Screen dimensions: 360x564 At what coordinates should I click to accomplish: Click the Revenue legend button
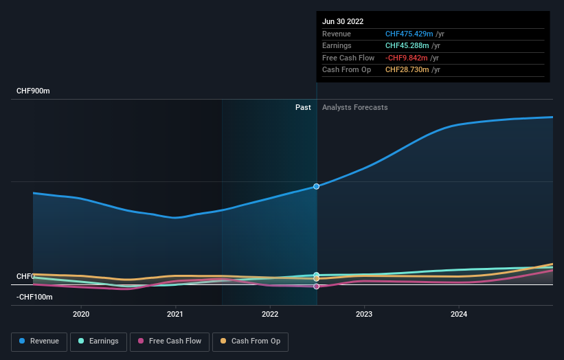pyautogui.click(x=39, y=341)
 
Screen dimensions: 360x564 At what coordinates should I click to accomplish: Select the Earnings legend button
pyautogui.click(x=98, y=341)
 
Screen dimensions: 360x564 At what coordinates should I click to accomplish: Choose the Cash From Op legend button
pyautogui.click(x=251, y=341)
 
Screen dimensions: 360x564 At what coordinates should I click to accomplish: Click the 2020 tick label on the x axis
pyautogui.click(x=81, y=314)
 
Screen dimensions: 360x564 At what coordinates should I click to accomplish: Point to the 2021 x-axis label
pyautogui.click(x=175, y=314)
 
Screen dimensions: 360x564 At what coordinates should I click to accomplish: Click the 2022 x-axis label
pyautogui.click(x=270, y=314)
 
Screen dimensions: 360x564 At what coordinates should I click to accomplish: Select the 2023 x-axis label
pyautogui.click(x=364, y=314)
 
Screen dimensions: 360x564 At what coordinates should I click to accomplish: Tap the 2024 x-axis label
pyautogui.click(x=459, y=314)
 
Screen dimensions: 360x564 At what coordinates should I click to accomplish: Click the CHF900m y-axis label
pyautogui.click(x=34, y=91)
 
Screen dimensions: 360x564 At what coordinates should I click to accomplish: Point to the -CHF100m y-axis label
pyautogui.click(x=34, y=297)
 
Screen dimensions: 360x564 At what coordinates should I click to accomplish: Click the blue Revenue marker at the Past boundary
pyautogui.click(x=317, y=186)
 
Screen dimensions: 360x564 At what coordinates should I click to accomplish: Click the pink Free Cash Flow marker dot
pyautogui.click(x=317, y=286)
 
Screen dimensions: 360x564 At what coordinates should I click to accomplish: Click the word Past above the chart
pyautogui.click(x=303, y=107)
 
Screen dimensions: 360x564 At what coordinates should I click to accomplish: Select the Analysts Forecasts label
pyautogui.click(x=354, y=107)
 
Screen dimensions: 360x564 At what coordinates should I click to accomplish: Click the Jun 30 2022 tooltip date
pyautogui.click(x=343, y=21)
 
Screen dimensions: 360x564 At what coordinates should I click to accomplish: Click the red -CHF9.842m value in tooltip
pyautogui.click(x=407, y=58)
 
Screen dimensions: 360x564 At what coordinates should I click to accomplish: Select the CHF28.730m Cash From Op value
pyautogui.click(x=407, y=69)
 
